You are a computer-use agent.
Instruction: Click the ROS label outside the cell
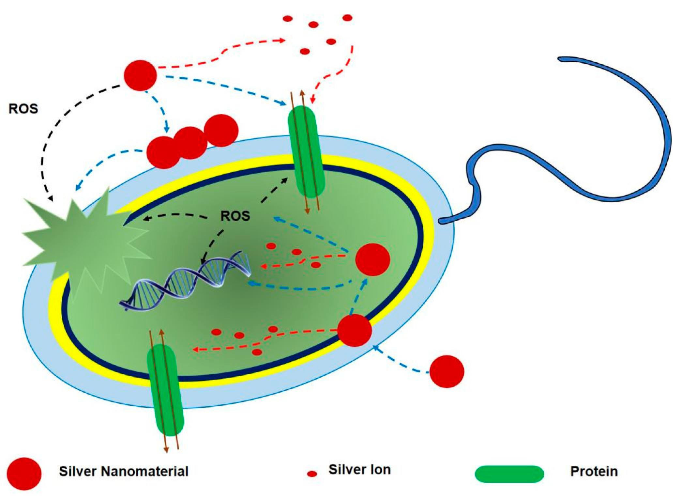click(23, 109)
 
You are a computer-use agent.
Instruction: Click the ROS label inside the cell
click(235, 216)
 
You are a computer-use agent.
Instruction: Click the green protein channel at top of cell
click(306, 152)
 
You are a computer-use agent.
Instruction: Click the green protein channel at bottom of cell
click(165, 390)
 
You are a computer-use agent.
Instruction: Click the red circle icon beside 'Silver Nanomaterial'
click(24, 474)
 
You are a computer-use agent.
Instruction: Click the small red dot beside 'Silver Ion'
click(312, 474)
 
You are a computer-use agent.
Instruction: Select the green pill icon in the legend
click(509, 474)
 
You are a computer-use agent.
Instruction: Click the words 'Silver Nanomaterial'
click(124, 472)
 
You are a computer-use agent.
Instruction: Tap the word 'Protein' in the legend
click(594, 472)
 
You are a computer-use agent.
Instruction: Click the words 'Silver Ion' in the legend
click(359, 470)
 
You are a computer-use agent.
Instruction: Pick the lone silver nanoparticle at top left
click(140, 75)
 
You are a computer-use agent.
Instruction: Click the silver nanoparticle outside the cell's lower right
click(447, 371)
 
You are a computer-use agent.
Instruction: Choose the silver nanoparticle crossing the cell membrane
click(354, 330)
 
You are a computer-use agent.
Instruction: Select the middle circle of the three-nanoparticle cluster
click(190, 143)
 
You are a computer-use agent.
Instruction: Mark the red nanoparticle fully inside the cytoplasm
click(372, 259)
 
